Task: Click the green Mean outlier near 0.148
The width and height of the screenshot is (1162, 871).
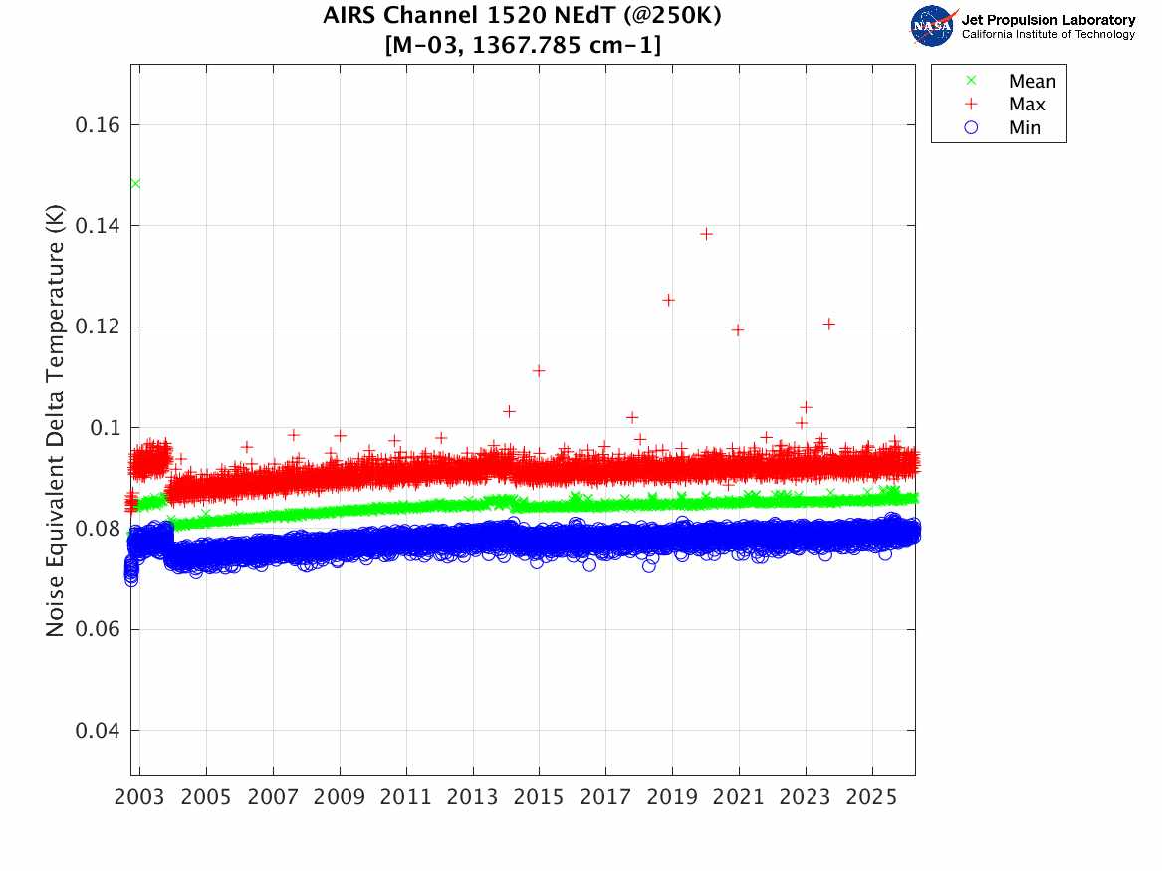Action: (x=135, y=183)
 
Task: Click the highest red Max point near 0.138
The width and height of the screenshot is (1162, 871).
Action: (x=706, y=234)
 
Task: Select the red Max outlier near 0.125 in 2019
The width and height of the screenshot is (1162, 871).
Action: (x=668, y=300)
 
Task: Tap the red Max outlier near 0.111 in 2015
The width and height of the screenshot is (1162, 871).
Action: (x=539, y=370)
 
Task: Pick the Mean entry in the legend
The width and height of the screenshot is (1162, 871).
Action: (x=1031, y=81)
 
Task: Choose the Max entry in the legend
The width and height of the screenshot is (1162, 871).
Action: (x=1026, y=105)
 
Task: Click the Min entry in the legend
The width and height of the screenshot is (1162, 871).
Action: (x=1024, y=128)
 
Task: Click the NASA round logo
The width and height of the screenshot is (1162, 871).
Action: (x=932, y=26)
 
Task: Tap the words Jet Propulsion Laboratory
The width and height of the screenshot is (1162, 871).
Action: (x=1047, y=19)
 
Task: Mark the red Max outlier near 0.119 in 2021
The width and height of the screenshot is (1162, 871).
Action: (x=738, y=329)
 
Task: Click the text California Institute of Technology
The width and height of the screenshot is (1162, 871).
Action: (x=1047, y=35)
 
